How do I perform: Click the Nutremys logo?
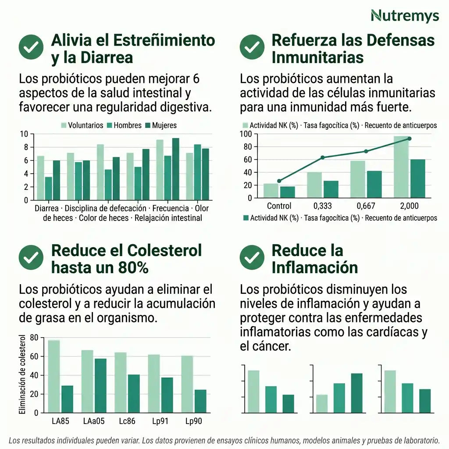404,16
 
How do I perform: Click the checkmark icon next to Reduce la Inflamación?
252,258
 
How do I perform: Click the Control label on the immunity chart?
279,206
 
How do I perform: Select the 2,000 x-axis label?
409,206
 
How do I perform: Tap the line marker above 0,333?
322,157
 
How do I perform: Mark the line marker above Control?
279,181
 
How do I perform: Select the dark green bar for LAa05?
100,385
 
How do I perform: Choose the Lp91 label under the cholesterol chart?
160,422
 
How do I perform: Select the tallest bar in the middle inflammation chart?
356,393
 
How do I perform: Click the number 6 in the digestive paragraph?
196,79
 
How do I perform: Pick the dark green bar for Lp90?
200,401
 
